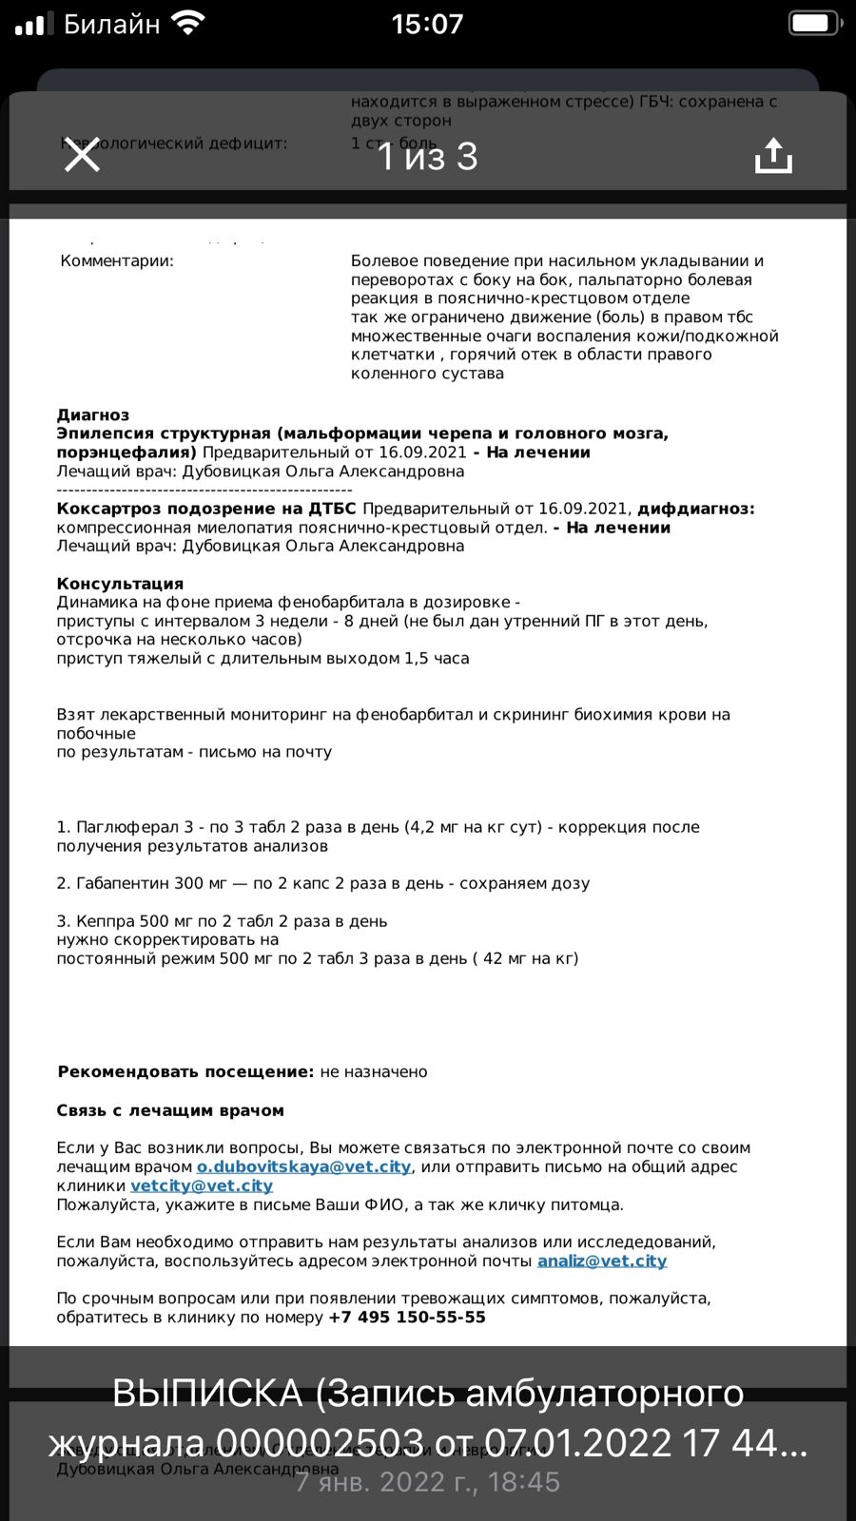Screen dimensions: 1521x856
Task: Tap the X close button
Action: point(82,155)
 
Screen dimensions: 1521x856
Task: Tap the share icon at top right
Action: point(772,155)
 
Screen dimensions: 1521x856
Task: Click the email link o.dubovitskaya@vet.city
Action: point(303,1166)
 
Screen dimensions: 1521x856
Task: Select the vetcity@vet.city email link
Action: point(202,1185)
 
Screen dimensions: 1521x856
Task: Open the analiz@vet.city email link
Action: point(602,1261)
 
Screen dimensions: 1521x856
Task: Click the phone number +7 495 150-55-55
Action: point(407,1318)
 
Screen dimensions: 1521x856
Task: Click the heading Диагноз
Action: point(92,414)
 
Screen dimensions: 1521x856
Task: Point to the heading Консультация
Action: point(120,584)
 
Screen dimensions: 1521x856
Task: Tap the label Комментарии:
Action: point(117,260)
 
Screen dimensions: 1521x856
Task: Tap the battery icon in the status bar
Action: point(815,23)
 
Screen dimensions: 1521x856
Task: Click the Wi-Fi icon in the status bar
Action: point(189,23)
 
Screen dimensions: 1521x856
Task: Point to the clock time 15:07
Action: point(427,24)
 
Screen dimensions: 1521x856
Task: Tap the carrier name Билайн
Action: point(111,24)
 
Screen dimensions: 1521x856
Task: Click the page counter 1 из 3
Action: point(427,157)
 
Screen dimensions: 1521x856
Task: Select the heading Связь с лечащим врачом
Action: point(170,1110)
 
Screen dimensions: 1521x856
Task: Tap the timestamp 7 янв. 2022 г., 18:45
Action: point(427,1482)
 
